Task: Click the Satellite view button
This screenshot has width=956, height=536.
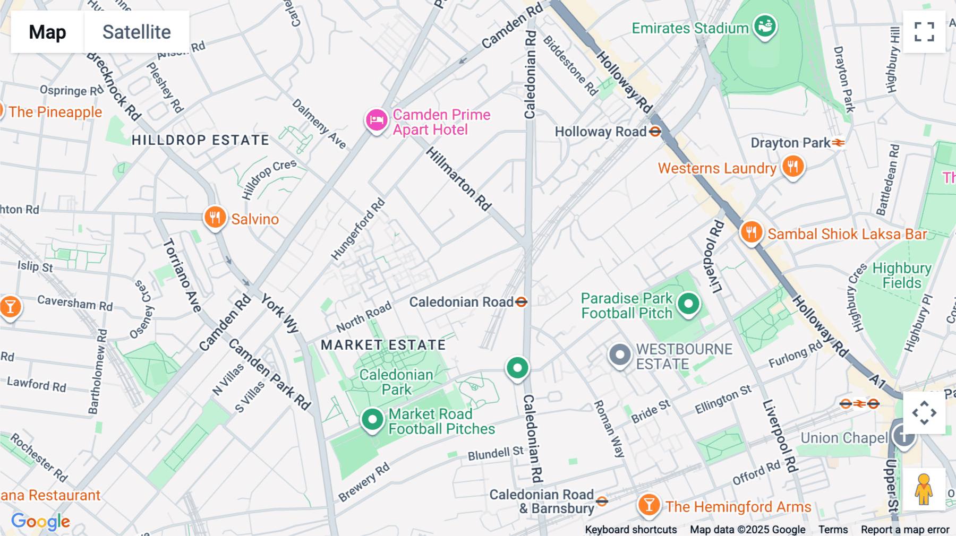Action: (x=136, y=32)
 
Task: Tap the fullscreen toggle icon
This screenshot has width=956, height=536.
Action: (x=924, y=32)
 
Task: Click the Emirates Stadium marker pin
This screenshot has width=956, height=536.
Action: (x=765, y=25)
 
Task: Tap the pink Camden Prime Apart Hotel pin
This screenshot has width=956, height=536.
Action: (x=377, y=120)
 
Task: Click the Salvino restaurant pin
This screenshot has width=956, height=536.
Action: (x=215, y=217)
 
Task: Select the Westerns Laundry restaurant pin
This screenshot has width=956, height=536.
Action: (x=792, y=167)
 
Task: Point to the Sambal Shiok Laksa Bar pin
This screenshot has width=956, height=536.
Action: (x=752, y=232)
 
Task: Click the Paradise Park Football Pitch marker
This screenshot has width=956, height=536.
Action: (x=689, y=304)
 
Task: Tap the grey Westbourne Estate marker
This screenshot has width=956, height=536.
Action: (x=619, y=355)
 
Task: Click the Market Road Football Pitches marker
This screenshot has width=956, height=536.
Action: (x=372, y=420)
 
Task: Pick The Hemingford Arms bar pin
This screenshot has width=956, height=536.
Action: (x=649, y=505)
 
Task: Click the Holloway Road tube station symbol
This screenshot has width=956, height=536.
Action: (x=655, y=132)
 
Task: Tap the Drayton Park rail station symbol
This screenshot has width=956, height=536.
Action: (x=839, y=143)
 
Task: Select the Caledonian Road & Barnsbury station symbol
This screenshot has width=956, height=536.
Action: (x=602, y=501)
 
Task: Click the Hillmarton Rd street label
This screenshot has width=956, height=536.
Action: (x=459, y=179)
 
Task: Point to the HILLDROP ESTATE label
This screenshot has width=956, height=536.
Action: (x=200, y=140)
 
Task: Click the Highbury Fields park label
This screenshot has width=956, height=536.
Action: (x=901, y=275)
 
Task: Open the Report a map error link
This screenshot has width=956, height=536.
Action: (x=904, y=530)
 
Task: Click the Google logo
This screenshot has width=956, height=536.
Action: (x=40, y=521)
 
